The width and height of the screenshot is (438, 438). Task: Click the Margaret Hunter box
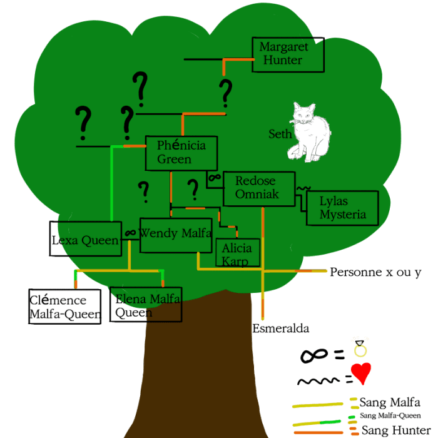click(x=288, y=54)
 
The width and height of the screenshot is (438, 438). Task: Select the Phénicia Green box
click(x=181, y=153)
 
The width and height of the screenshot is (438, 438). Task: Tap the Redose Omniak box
click(x=259, y=189)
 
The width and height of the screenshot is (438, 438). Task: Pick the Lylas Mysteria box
click(x=342, y=208)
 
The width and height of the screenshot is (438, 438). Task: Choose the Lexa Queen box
click(x=86, y=238)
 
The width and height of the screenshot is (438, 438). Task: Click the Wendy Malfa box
click(x=176, y=235)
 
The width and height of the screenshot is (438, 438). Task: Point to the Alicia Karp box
click(x=238, y=252)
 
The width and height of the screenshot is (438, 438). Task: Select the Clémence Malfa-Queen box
click(x=65, y=307)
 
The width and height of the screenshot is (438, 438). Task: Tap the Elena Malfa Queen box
click(x=146, y=304)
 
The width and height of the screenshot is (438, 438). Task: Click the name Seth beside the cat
click(x=280, y=134)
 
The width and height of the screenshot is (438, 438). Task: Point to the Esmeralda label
click(x=281, y=328)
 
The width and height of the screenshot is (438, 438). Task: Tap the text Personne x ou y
click(x=375, y=272)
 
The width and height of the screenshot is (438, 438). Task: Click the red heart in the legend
click(x=361, y=373)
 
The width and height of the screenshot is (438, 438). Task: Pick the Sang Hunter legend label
click(x=396, y=430)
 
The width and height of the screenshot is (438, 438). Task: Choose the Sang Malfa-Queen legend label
click(x=390, y=415)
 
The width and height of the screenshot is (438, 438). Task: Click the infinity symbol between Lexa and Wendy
click(x=130, y=232)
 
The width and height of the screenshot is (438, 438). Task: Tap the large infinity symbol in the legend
click(x=313, y=355)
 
